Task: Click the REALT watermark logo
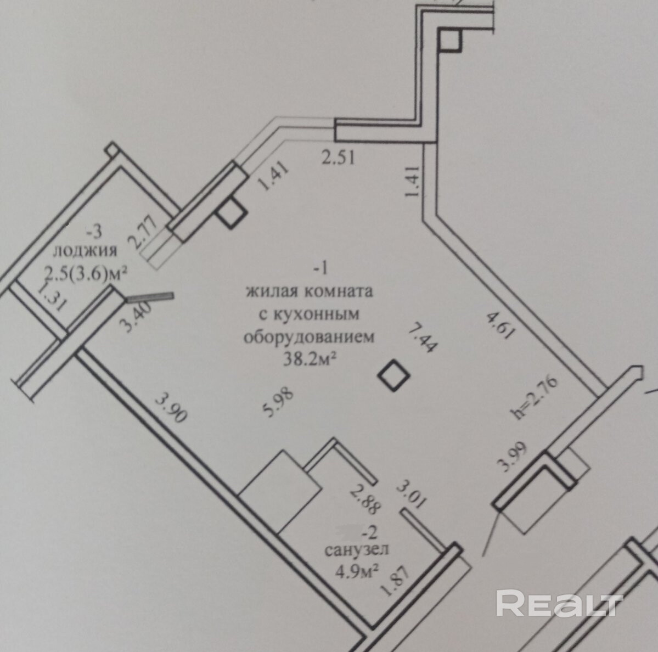[559, 604]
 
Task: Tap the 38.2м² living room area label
[309, 358]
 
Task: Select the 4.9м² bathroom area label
[358, 569]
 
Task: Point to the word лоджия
[85, 251]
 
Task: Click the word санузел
[357, 550]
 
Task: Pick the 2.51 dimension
[338, 158]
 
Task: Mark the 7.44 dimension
[421, 337]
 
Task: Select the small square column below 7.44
[395, 374]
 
